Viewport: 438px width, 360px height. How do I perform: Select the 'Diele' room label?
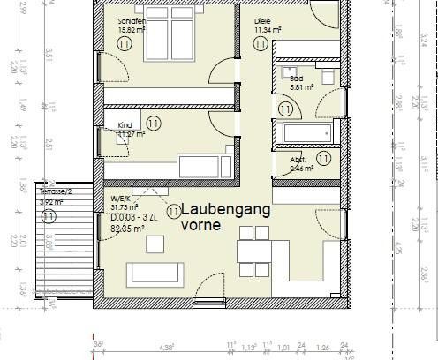coord(262,20)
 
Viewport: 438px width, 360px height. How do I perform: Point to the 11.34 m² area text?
coord(268,30)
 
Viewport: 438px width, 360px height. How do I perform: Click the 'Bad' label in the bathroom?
coord(296,78)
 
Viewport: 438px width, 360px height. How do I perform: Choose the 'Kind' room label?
coord(125,126)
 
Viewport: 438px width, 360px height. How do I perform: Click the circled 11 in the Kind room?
coord(154,123)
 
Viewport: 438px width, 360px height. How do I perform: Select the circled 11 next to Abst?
coord(323,158)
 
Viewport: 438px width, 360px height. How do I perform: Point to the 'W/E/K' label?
coord(120,198)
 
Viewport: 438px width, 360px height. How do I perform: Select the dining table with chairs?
coord(253,251)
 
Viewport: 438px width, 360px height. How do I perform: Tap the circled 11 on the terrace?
coord(49,215)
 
